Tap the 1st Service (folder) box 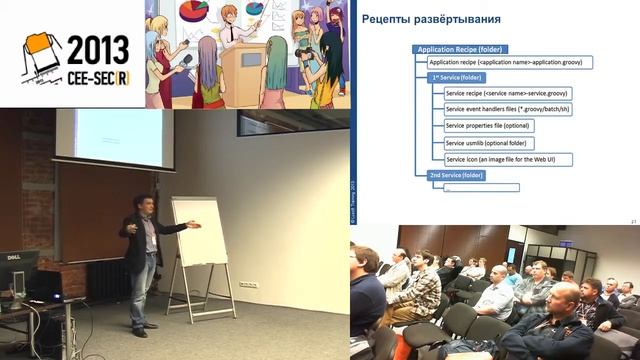coord(457,77)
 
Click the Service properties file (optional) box coord(489,126)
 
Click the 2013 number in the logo coord(97,49)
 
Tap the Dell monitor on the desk coord(17,268)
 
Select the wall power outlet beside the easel coord(249,285)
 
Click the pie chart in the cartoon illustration coord(198,11)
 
